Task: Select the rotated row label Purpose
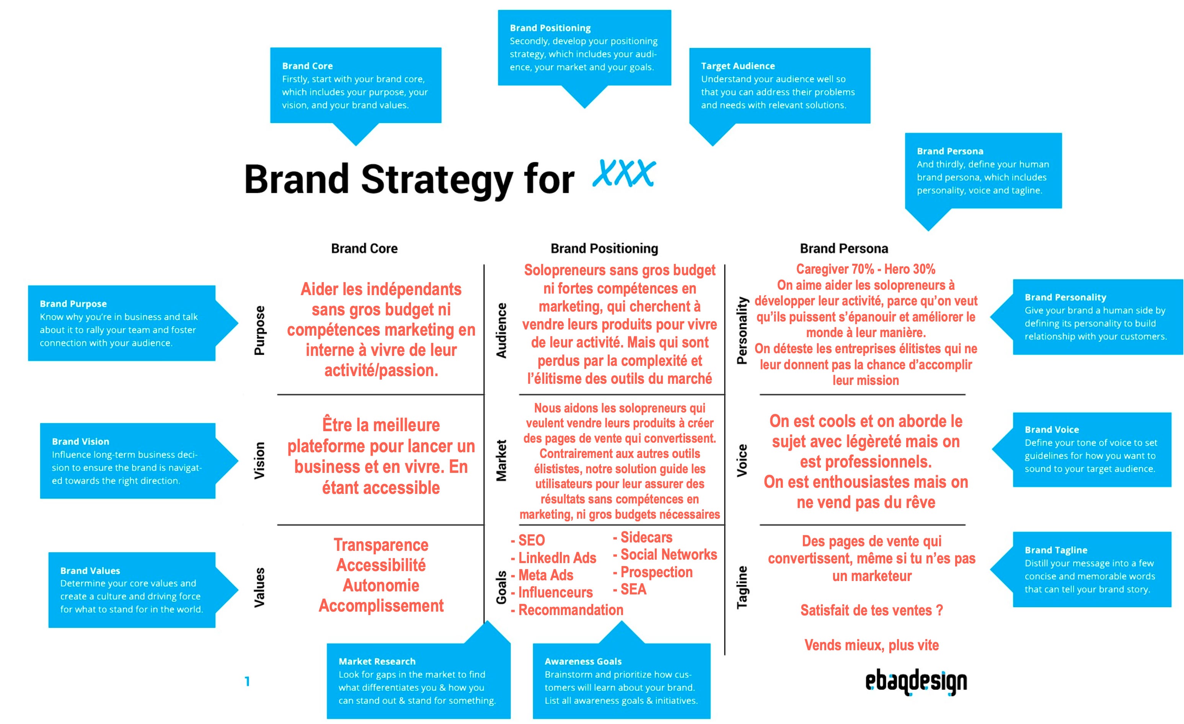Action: (259, 330)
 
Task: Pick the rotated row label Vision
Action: (259, 460)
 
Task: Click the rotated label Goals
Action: (501, 587)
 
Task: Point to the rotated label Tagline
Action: (742, 587)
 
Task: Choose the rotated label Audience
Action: (501, 330)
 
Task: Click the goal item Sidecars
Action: (643, 537)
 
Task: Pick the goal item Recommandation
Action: (567, 610)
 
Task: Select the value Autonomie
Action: (381, 586)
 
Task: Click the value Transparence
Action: (381, 545)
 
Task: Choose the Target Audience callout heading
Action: (737, 66)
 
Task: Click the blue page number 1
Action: (247, 681)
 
